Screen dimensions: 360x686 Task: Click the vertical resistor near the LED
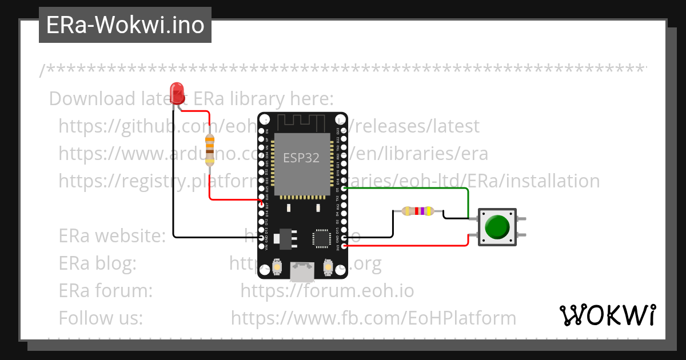click(x=210, y=150)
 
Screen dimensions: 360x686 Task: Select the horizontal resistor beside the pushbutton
click(x=417, y=211)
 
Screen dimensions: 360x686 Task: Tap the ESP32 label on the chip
click(x=301, y=157)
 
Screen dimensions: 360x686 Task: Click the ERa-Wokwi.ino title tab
click(x=125, y=25)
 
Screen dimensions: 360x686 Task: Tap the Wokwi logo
click(x=607, y=315)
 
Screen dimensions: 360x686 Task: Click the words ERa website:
click(x=112, y=235)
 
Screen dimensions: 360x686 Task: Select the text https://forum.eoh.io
click(x=327, y=291)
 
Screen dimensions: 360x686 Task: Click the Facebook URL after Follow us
click(x=373, y=318)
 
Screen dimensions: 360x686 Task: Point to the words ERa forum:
click(x=106, y=291)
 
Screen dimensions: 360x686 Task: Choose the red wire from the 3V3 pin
click(x=412, y=246)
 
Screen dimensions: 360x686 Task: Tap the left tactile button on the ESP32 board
click(x=277, y=267)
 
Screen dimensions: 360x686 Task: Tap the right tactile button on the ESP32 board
click(x=328, y=267)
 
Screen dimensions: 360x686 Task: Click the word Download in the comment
click(x=83, y=99)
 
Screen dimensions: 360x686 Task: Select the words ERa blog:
click(x=98, y=263)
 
